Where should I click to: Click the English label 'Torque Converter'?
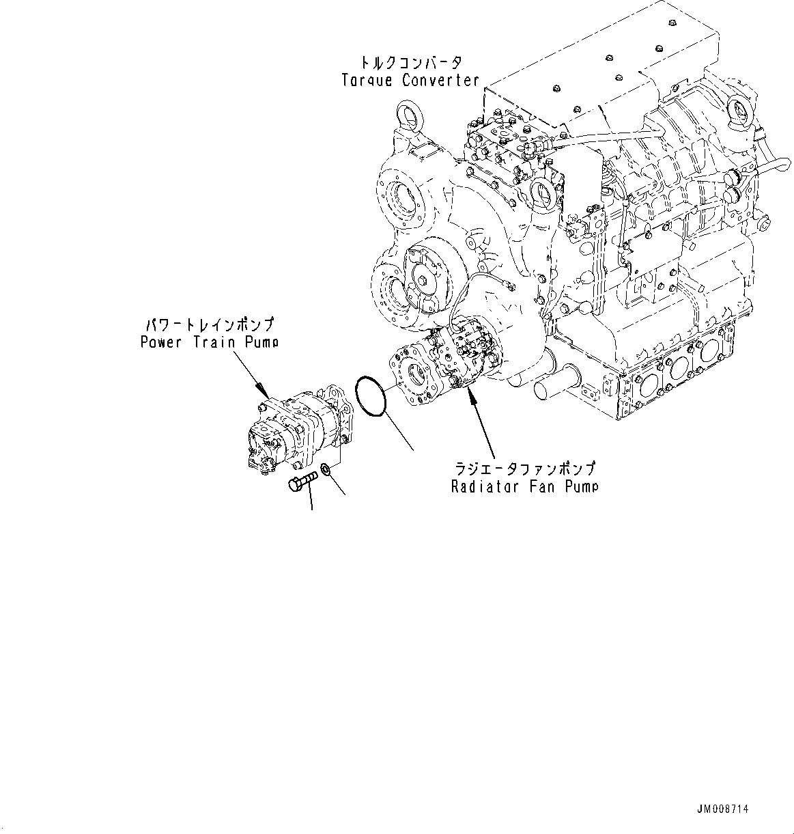410,81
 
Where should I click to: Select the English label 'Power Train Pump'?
210,341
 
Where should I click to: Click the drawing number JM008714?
722,809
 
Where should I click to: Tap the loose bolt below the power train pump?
302,481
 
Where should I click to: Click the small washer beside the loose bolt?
326,470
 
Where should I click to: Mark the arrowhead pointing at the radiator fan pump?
469,395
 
